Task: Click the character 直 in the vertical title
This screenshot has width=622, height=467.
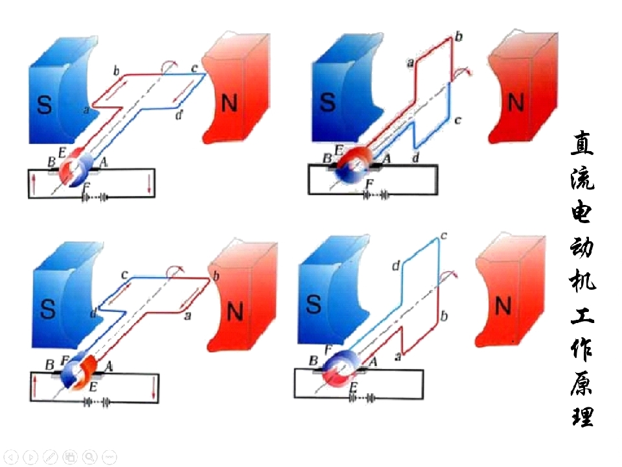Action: (582, 143)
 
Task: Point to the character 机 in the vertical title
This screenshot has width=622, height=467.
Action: (582, 280)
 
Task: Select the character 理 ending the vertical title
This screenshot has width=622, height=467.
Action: (582, 415)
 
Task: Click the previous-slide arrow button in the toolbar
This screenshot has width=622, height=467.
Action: (12, 457)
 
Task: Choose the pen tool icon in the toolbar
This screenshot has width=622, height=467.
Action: (51, 457)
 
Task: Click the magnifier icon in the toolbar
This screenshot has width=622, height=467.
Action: (90, 457)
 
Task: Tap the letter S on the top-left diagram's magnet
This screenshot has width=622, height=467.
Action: (44, 104)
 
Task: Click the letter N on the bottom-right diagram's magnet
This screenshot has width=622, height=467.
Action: (503, 306)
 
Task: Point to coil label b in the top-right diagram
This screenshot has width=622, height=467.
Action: (459, 37)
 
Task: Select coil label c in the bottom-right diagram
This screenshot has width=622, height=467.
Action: (444, 236)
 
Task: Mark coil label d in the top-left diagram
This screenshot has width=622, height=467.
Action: (179, 115)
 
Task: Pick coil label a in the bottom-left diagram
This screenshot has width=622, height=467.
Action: (188, 316)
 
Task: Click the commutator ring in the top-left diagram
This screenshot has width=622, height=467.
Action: (76, 170)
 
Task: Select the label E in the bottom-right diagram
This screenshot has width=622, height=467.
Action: (354, 387)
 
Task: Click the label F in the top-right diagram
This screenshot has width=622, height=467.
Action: (369, 184)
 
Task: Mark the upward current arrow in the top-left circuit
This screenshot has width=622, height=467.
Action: (34, 185)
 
